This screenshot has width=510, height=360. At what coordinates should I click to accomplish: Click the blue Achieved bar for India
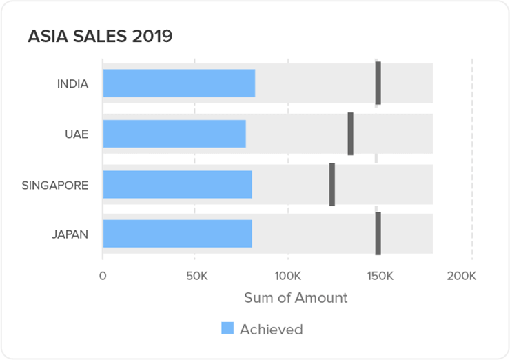[x=178, y=83]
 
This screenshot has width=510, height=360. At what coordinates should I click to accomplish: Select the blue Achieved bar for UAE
[x=174, y=134]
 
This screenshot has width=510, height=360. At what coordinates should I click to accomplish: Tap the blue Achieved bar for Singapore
[x=177, y=184]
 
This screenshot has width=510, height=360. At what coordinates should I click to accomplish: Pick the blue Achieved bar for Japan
[x=177, y=234]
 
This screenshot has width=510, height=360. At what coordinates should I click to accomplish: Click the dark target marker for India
[x=378, y=83]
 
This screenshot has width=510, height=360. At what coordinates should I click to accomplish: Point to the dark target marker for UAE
[x=350, y=134]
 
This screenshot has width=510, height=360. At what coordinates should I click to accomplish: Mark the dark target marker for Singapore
[x=332, y=184]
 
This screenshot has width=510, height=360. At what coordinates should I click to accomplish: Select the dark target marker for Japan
[x=378, y=234]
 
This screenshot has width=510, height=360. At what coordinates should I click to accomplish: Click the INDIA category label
[x=72, y=84]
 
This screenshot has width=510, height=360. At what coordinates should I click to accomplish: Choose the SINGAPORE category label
[x=55, y=185]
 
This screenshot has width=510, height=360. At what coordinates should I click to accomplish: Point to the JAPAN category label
[x=70, y=234]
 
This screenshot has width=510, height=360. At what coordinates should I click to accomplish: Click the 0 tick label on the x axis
[x=103, y=277]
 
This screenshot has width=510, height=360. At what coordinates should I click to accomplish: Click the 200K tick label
[x=461, y=277]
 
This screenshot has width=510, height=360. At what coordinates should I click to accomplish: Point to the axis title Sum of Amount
[x=296, y=298]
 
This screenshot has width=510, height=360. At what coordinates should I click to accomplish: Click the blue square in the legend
[x=227, y=328]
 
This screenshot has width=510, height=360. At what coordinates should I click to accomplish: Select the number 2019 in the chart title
[x=153, y=37]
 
